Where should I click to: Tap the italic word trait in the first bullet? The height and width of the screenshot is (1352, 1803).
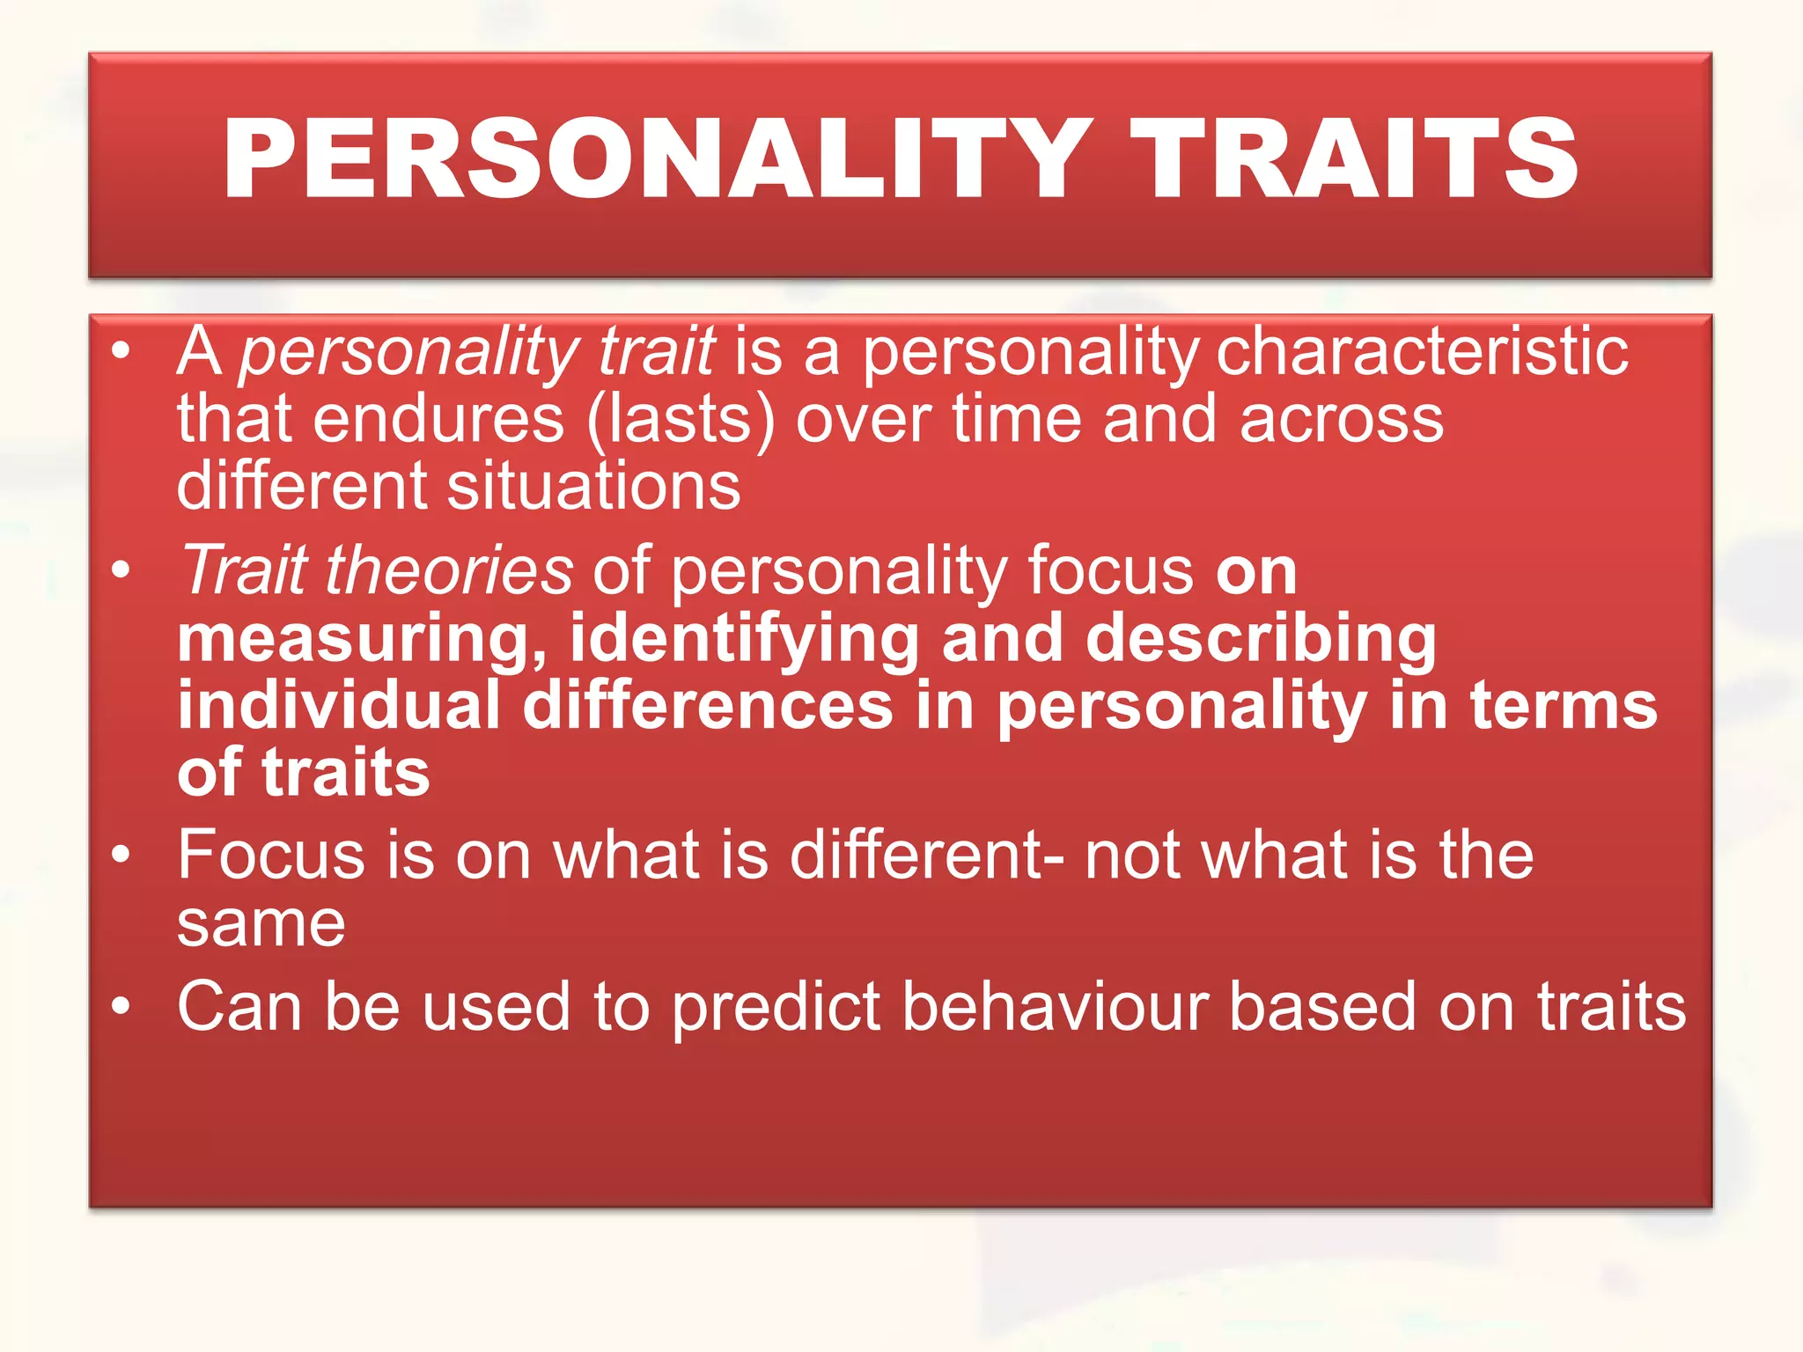(x=656, y=351)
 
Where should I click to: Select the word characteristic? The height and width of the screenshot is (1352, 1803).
(x=1421, y=351)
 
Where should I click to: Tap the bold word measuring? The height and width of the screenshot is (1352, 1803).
(x=362, y=639)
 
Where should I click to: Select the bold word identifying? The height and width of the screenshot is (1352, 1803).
(x=744, y=639)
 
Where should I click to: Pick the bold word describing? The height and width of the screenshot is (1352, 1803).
(x=1261, y=639)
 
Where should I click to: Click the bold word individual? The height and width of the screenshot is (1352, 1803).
(x=339, y=706)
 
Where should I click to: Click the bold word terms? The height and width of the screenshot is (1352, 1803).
(x=1564, y=706)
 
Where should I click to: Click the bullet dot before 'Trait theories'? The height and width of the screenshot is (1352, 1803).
(x=121, y=569)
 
